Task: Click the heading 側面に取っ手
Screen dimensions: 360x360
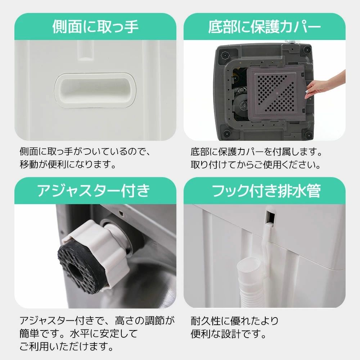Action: point(95,27)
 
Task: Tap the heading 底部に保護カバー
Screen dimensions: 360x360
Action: point(265,27)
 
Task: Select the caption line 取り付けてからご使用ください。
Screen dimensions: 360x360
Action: point(256,165)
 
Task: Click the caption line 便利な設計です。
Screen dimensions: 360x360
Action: point(228,334)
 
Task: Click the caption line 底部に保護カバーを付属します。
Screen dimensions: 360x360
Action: point(256,151)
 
